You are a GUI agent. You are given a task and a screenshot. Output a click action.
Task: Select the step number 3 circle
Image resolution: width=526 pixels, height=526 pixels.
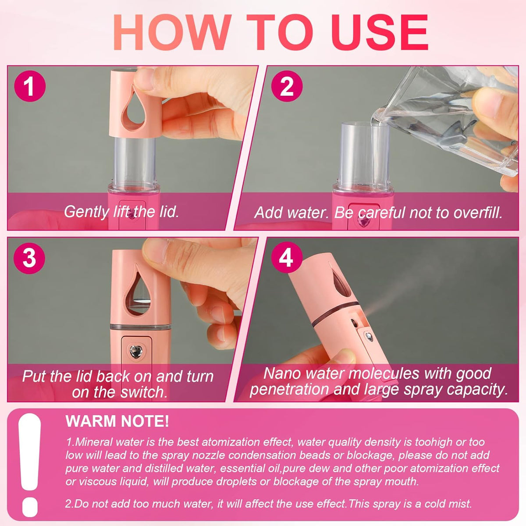[x=29, y=258]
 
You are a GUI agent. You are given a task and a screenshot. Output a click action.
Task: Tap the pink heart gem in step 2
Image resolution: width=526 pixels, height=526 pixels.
[x=363, y=221]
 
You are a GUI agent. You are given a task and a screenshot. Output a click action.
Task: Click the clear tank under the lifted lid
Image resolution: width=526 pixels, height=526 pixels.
[x=134, y=160]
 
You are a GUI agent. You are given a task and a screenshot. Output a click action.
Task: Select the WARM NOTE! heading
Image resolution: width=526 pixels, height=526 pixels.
[x=117, y=421]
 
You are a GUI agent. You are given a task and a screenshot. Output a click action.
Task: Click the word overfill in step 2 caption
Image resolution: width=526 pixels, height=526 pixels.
[x=478, y=213]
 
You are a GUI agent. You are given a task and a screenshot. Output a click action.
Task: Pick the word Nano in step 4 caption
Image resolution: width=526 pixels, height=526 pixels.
[x=283, y=373]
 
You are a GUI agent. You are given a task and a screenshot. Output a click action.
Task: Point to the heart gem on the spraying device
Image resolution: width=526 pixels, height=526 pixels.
[x=370, y=337]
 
